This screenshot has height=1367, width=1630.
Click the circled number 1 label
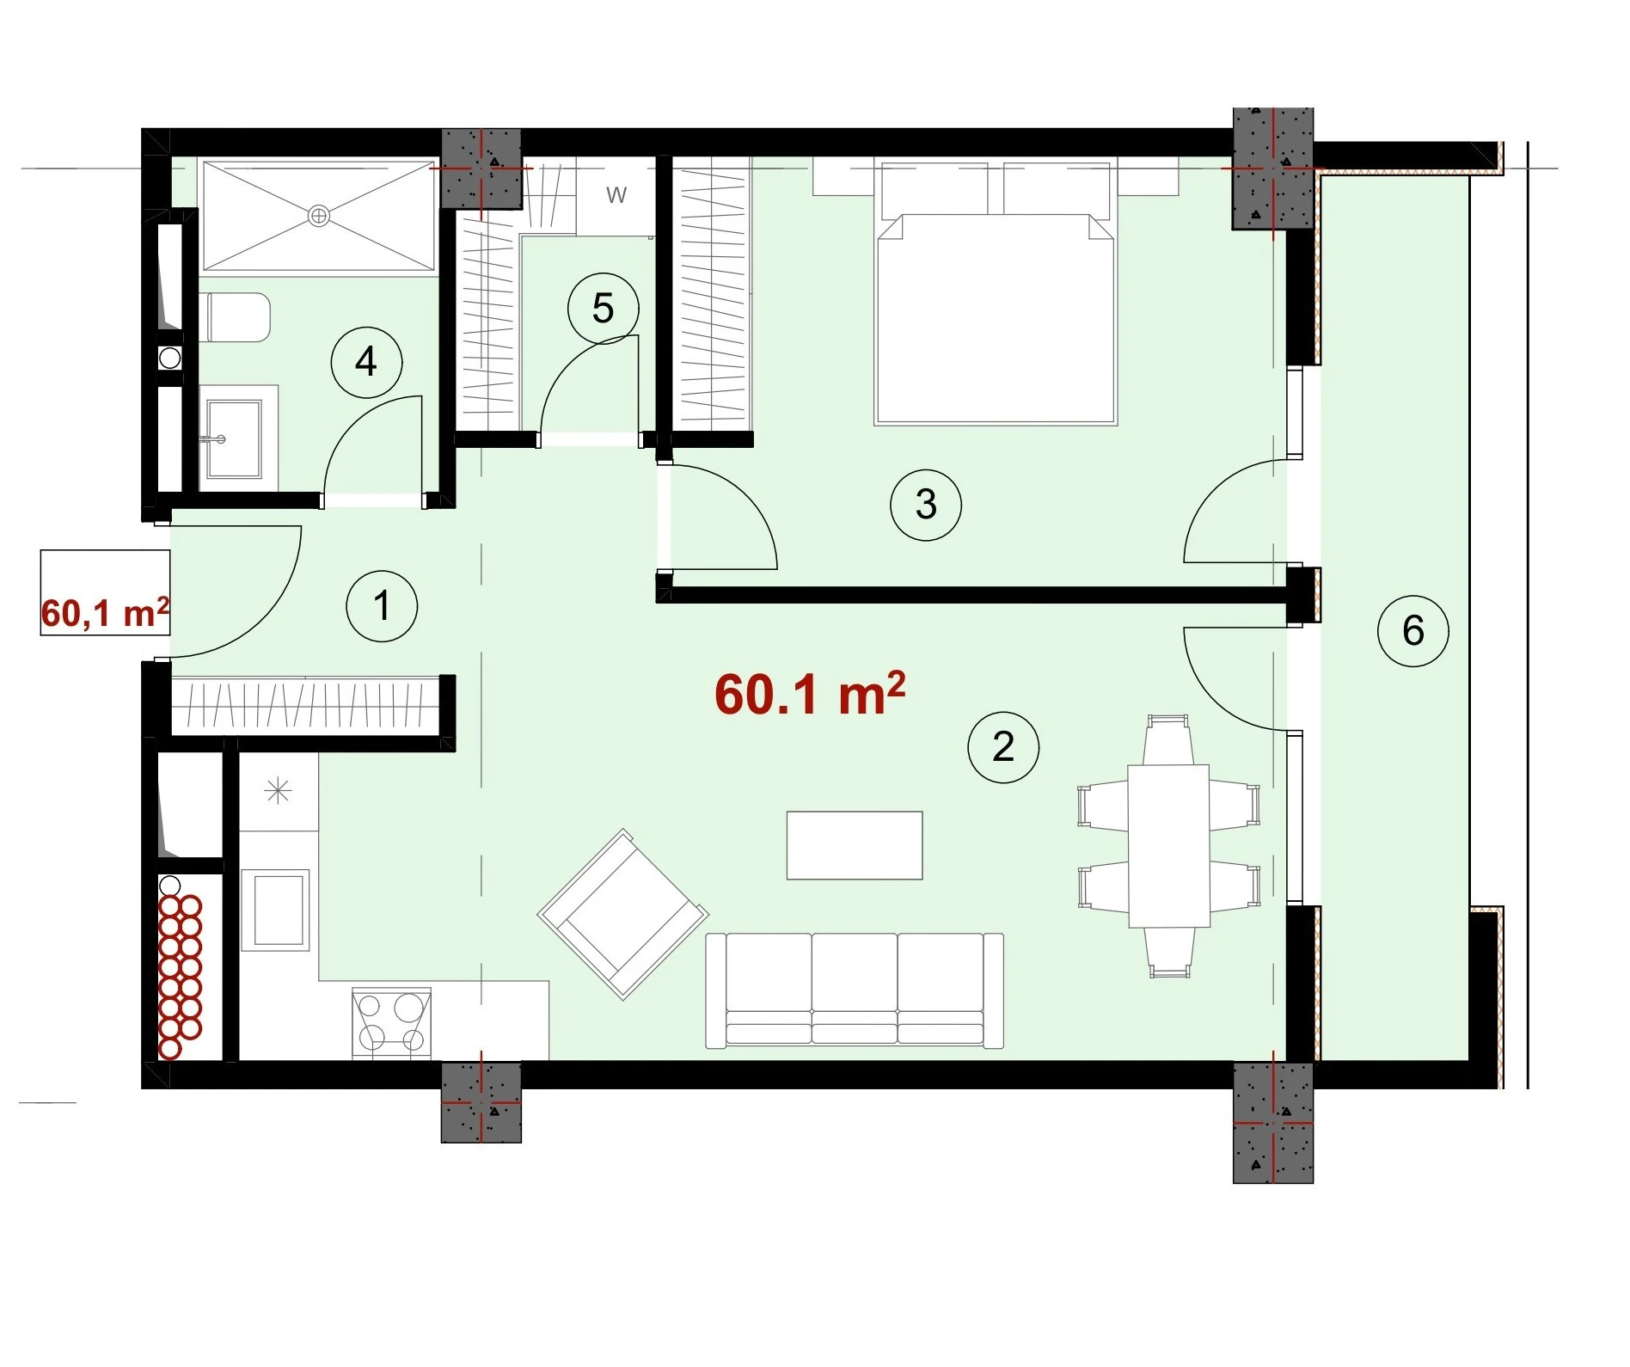(x=382, y=605)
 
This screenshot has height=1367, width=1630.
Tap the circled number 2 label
(x=1003, y=746)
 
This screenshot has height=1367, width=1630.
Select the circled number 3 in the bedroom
(x=926, y=504)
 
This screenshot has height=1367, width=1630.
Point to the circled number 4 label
(x=367, y=361)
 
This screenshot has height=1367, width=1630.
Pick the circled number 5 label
(x=604, y=308)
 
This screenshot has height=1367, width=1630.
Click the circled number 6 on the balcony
(x=1413, y=630)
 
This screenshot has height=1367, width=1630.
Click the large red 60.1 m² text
(x=810, y=694)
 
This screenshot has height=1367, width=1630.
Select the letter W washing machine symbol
(x=616, y=195)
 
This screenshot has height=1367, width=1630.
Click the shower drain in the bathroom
(x=319, y=216)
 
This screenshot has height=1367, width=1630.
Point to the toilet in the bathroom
(x=236, y=317)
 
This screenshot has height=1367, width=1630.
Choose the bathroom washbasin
(x=234, y=438)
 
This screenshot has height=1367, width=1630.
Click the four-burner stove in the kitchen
(x=391, y=1022)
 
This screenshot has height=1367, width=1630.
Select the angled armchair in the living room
(x=623, y=914)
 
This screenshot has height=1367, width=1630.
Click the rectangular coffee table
(x=855, y=845)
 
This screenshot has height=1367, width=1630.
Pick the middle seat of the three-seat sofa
(x=855, y=989)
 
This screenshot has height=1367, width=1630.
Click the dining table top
(x=1168, y=846)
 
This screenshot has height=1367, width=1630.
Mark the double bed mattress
(x=996, y=318)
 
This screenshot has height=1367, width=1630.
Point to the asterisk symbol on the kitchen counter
(x=279, y=791)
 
